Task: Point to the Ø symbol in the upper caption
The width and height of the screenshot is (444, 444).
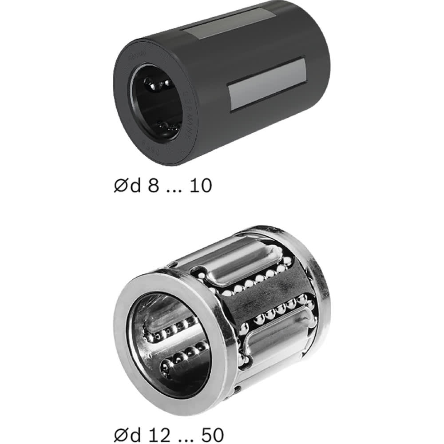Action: (x=119, y=186)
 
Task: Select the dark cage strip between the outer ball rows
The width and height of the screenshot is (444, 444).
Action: (x=266, y=297)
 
